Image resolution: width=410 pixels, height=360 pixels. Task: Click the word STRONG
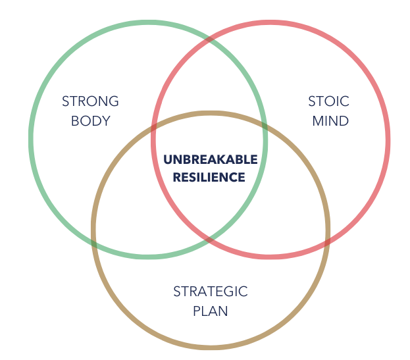90,101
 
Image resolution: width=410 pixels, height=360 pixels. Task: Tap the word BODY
90,121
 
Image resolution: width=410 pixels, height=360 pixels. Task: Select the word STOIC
328,101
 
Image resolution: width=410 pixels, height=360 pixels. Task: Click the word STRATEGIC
210,291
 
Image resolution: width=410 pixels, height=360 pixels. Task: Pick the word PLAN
210,311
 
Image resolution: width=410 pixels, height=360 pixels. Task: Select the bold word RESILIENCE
209,177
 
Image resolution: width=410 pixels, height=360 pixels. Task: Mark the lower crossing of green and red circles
209,238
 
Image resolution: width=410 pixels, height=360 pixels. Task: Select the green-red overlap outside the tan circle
209,86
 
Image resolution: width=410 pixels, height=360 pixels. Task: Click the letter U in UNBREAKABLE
167,159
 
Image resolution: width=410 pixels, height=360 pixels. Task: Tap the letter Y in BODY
106,121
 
